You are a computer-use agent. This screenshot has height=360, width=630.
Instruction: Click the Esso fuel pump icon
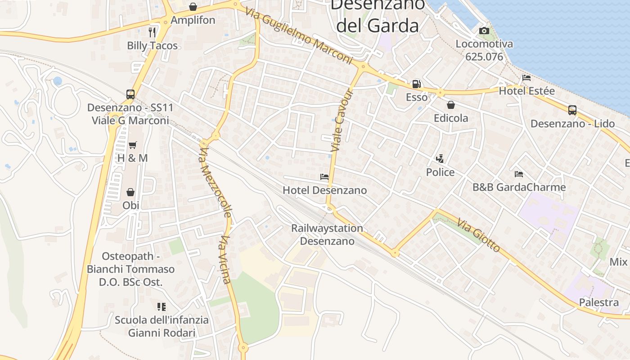point(416,84)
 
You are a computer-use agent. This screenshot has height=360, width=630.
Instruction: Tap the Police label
point(440,172)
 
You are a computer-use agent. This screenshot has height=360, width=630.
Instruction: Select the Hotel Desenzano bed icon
point(324,177)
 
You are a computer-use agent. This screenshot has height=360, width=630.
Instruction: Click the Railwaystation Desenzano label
point(327,234)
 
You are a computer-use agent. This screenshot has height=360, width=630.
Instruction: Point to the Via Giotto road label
point(478,235)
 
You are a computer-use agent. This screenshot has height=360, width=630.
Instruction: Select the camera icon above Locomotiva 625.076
point(484,31)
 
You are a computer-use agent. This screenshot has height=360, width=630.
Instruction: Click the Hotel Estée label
point(526,91)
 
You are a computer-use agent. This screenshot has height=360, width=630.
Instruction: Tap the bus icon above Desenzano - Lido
point(572,110)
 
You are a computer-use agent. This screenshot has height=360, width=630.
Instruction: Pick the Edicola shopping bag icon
point(450,105)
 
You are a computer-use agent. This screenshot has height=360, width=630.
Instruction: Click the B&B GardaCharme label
point(519,187)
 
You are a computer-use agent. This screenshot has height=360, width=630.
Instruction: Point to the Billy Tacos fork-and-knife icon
point(152,32)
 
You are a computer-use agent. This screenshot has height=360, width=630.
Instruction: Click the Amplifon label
point(193,20)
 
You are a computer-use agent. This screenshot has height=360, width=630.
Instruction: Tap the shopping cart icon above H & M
point(132,145)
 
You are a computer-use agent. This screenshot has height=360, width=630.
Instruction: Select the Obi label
point(130,205)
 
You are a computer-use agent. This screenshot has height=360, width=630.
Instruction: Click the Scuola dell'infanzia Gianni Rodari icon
point(162,307)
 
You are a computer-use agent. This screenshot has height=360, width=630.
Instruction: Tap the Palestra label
point(598,302)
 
